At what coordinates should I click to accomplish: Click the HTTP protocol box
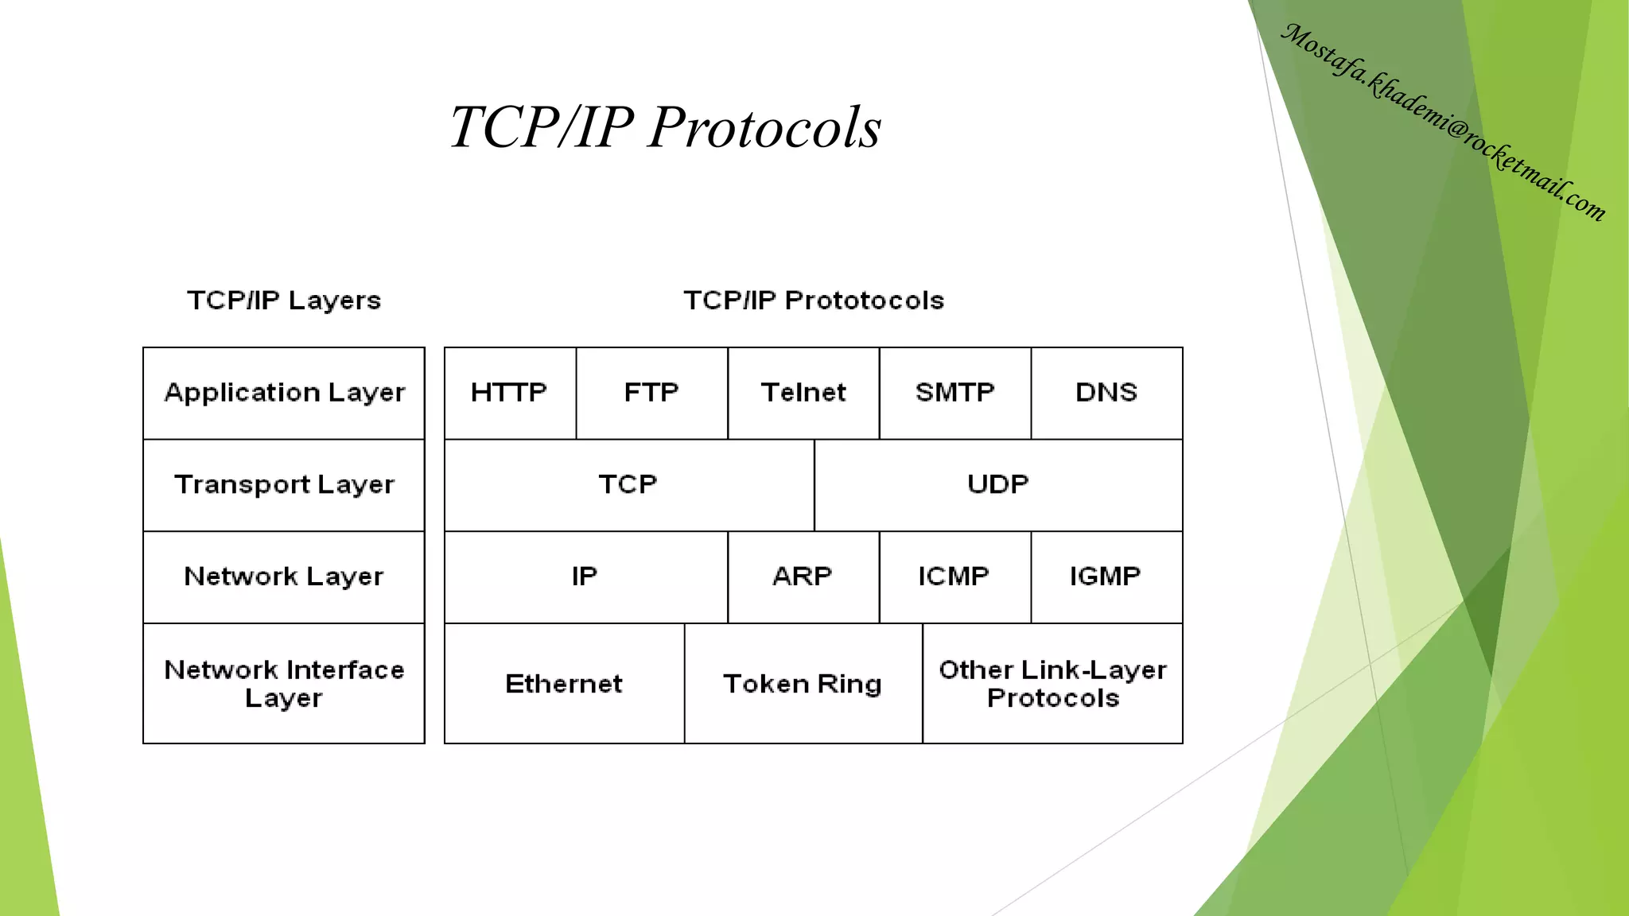[510, 393]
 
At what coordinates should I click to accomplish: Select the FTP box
[651, 393]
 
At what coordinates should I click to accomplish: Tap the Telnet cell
[803, 393]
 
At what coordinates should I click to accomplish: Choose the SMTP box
[954, 393]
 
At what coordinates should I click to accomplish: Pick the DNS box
[1106, 393]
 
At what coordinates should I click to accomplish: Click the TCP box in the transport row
[628, 485]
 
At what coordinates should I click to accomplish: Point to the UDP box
[998, 485]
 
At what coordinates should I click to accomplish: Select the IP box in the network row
[585, 576]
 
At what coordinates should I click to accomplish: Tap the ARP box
[803, 576]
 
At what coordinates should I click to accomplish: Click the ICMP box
[954, 576]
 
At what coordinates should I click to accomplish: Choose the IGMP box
[1106, 576]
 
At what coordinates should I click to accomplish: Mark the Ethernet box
[564, 684]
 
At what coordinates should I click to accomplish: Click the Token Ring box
[803, 684]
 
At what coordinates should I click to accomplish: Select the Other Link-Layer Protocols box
[1052, 684]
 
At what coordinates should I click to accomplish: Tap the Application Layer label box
[284, 393]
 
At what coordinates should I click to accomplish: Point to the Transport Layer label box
[284, 485]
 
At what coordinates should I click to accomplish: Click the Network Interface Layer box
[284, 684]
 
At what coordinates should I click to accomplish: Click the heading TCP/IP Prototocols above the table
[814, 301]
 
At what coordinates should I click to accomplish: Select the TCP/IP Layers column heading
[284, 301]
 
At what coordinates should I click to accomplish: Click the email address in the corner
[1444, 122]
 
